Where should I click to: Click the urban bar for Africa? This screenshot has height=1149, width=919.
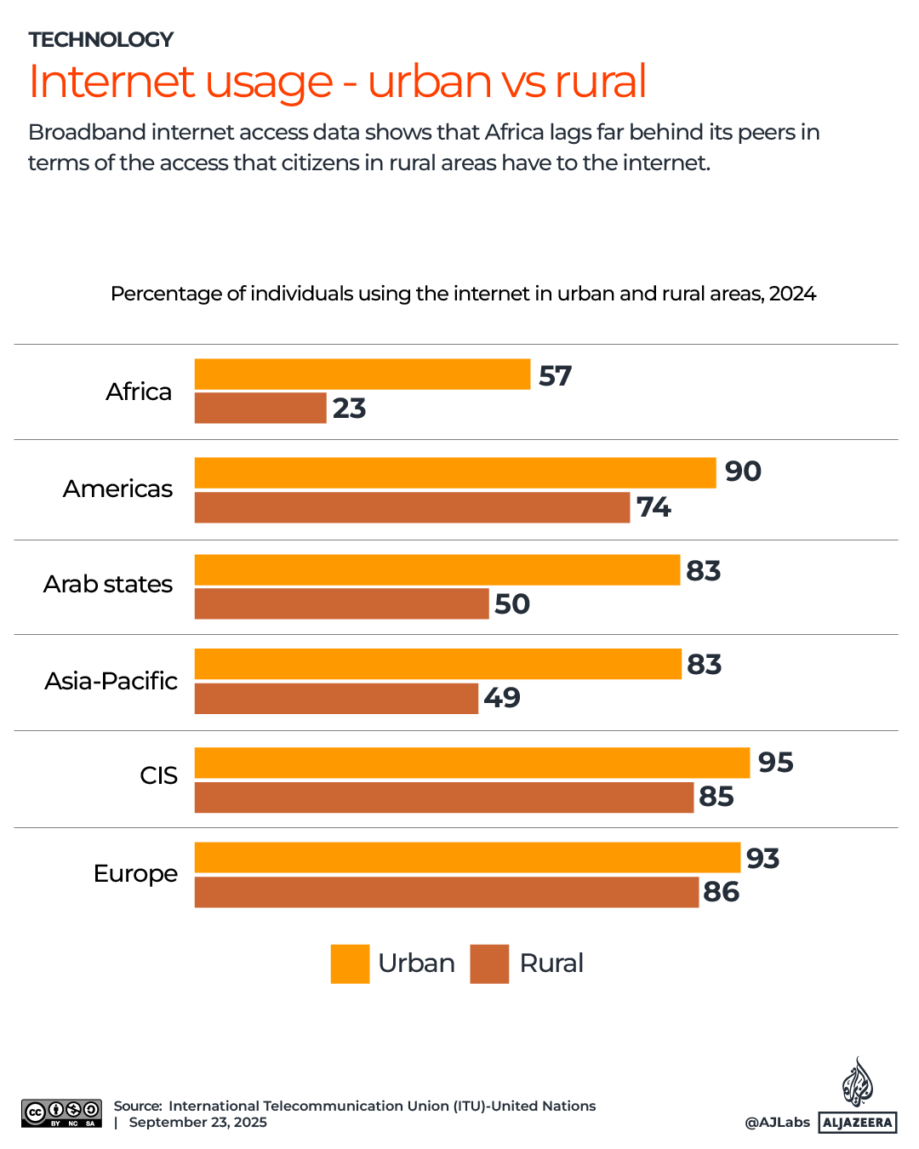(362, 374)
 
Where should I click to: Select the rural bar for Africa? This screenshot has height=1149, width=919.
(260, 408)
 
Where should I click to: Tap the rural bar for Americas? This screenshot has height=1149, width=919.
(412, 507)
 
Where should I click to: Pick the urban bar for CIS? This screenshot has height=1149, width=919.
(472, 763)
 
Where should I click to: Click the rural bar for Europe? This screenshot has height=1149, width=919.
(447, 892)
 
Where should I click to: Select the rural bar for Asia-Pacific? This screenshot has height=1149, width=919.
(336, 698)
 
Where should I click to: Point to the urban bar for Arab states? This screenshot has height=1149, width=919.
(437, 570)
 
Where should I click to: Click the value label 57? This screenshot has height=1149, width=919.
(556, 376)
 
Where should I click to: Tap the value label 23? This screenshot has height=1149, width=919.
(350, 409)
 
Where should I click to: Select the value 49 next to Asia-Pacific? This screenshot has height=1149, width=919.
(502, 698)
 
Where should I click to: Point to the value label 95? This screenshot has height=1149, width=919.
(775, 763)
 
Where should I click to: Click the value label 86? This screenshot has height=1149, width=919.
(722, 892)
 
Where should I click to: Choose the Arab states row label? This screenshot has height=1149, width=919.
(108, 584)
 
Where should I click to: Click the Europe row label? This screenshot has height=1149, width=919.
(136, 873)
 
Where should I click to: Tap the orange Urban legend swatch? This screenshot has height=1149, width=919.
(350, 963)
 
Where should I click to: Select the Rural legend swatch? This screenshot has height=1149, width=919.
(489, 963)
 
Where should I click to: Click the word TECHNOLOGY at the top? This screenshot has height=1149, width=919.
(101, 40)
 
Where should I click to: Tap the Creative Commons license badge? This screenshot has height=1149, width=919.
(62, 1113)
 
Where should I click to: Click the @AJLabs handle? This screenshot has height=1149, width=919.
(778, 1122)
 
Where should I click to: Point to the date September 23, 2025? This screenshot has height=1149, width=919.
(197, 1122)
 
